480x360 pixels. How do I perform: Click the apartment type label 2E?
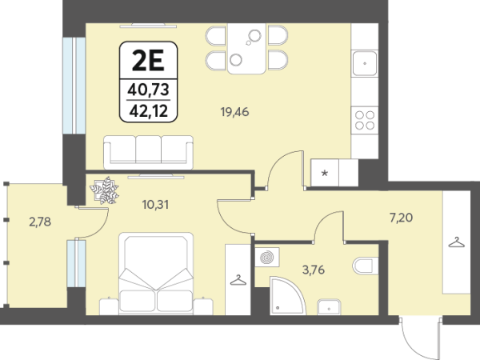[148, 61]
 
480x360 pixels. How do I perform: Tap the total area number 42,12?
[149, 111]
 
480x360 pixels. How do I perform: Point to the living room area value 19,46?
[234, 112]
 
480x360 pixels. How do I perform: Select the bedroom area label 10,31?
[155, 205]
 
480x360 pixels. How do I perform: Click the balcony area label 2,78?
[40, 222]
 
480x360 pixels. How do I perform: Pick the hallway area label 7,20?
[401, 218]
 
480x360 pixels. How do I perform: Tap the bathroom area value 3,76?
[313, 270]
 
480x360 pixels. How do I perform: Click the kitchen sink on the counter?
[364, 64]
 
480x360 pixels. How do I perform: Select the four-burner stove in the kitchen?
[365, 120]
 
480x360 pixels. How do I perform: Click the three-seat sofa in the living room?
[149, 152]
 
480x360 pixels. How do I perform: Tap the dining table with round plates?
[246, 48]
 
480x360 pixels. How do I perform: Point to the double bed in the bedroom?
[156, 274]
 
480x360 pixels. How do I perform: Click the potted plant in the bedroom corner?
[104, 190]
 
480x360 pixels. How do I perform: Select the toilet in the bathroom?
[366, 266]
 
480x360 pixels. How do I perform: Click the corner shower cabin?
[287, 295]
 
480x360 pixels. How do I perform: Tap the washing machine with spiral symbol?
[267, 257]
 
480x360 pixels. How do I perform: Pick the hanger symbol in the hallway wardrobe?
[457, 242]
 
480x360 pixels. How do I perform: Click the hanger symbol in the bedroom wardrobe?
[238, 280]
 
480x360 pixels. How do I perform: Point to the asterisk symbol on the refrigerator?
[325, 174]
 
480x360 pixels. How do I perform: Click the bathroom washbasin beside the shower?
[329, 306]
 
